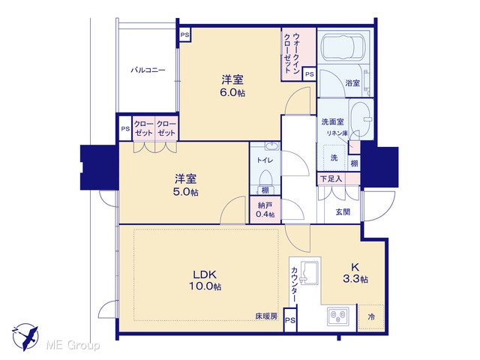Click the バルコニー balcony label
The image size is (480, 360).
(148, 70)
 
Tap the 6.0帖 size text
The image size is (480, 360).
(232, 93)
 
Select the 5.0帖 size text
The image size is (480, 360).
(186, 192)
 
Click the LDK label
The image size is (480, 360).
(205, 274)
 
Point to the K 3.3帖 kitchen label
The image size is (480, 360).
(355, 273)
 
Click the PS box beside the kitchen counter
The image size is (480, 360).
(290, 320)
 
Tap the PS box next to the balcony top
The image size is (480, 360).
(184, 34)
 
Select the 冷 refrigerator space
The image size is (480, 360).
(371, 317)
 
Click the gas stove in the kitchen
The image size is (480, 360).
(338, 316)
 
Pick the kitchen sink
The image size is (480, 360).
(310, 272)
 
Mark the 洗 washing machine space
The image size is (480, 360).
(334, 157)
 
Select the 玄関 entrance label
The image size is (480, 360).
(343, 211)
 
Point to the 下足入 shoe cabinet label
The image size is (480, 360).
(331, 178)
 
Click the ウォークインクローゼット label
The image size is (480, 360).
(292, 52)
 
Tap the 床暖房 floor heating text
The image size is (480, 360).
(267, 316)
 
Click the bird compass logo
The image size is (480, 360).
(25, 337)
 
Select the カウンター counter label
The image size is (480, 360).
(294, 284)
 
